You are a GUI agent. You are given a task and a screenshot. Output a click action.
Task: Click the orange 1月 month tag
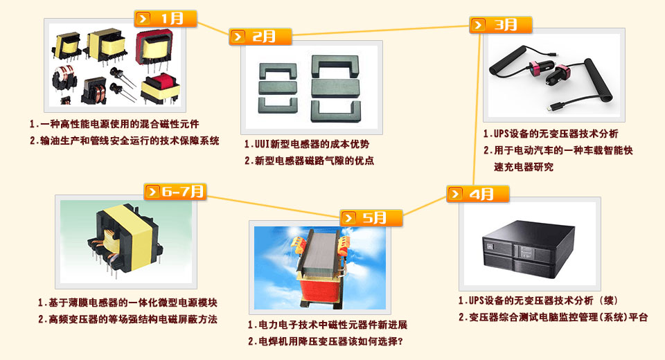[x=166, y=19]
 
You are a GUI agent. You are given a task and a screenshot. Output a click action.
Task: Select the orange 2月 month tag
[x=260, y=37]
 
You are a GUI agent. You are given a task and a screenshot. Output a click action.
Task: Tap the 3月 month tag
[x=500, y=25]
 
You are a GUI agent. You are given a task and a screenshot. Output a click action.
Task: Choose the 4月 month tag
[x=477, y=194]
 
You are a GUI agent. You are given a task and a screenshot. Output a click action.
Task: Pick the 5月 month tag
[x=371, y=218]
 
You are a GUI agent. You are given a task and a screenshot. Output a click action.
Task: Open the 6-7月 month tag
[x=175, y=192]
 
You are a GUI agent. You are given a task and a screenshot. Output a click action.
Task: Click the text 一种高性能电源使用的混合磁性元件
[x=120, y=124]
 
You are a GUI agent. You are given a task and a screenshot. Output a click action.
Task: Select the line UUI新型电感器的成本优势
[x=312, y=144]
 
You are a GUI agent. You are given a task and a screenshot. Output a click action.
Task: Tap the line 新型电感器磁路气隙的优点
[x=314, y=161]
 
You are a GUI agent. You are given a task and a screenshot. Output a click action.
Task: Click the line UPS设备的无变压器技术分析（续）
[x=543, y=300]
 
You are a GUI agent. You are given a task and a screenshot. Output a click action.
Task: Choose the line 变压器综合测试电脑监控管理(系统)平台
[x=558, y=317]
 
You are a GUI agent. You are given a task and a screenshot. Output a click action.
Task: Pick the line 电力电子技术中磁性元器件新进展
[x=333, y=325]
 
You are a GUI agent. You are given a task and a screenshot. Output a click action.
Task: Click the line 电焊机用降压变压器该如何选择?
[x=331, y=341]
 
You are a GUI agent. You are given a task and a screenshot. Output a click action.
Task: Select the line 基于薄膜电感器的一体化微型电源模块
[x=133, y=303]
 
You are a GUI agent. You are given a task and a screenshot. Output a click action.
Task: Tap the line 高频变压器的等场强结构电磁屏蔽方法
[x=133, y=319]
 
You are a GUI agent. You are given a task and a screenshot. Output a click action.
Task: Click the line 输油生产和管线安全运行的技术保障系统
[x=130, y=141]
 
